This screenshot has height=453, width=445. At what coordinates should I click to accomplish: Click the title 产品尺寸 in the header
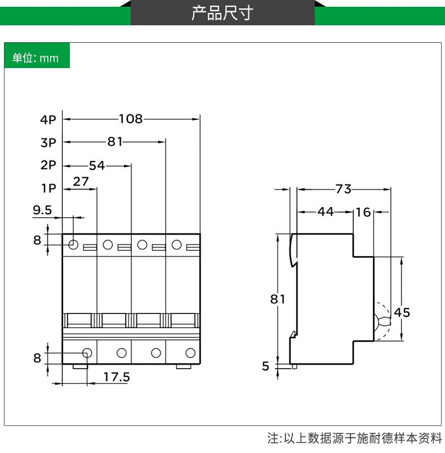222,13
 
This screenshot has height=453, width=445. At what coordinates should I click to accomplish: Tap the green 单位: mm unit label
36,58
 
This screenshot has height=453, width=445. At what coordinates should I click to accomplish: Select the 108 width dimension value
131,119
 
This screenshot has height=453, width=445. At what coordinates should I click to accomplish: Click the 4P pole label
48,119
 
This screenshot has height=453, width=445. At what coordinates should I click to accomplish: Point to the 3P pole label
48,142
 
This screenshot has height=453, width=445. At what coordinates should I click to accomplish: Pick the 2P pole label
48,165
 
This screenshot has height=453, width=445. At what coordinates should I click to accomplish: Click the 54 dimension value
97,165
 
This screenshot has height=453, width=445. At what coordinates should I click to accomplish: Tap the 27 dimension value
81,181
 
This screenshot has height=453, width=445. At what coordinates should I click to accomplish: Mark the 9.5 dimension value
42,210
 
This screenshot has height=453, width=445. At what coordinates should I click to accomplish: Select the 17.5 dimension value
117,376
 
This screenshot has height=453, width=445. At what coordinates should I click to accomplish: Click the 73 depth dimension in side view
344,189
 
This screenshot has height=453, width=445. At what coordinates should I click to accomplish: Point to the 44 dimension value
326,212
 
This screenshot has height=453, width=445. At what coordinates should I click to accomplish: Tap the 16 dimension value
363,212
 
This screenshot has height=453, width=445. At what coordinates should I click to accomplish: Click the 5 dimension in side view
266,366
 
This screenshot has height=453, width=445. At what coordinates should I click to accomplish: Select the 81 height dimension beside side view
278,299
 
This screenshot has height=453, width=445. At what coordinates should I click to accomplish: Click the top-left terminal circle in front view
73,245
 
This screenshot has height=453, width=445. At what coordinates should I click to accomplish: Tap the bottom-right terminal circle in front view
190,353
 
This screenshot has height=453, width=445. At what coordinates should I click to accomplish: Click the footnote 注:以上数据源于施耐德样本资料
355,438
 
